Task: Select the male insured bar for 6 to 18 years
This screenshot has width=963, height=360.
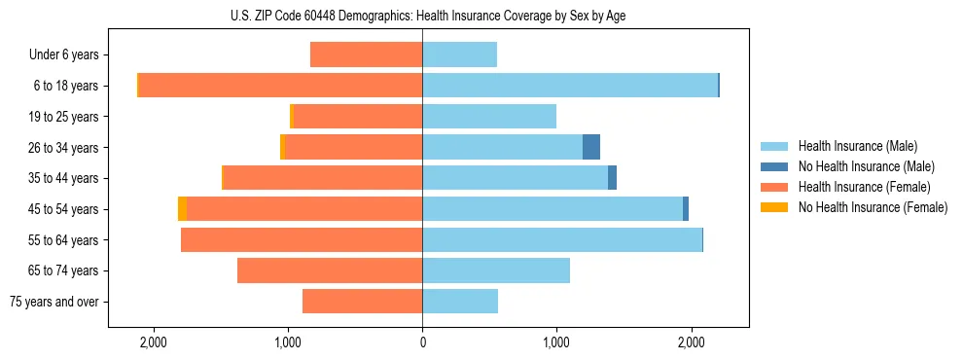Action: (569, 86)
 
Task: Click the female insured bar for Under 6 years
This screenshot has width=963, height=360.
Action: (366, 54)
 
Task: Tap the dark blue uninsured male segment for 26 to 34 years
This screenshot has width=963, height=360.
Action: (591, 147)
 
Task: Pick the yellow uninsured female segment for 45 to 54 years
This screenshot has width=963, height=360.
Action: (182, 209)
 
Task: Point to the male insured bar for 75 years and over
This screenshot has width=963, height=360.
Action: (460, 302)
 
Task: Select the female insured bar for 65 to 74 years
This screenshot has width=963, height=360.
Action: (330, 270)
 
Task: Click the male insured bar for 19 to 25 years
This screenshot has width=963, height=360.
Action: (489, 117)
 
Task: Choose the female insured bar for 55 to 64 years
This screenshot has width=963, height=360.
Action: (302, 239)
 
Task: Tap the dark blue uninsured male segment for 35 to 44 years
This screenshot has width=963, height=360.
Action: (612, 178)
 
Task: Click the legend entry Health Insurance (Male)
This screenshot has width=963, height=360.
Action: (857, 146)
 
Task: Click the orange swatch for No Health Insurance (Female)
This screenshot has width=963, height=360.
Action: (774, 207)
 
